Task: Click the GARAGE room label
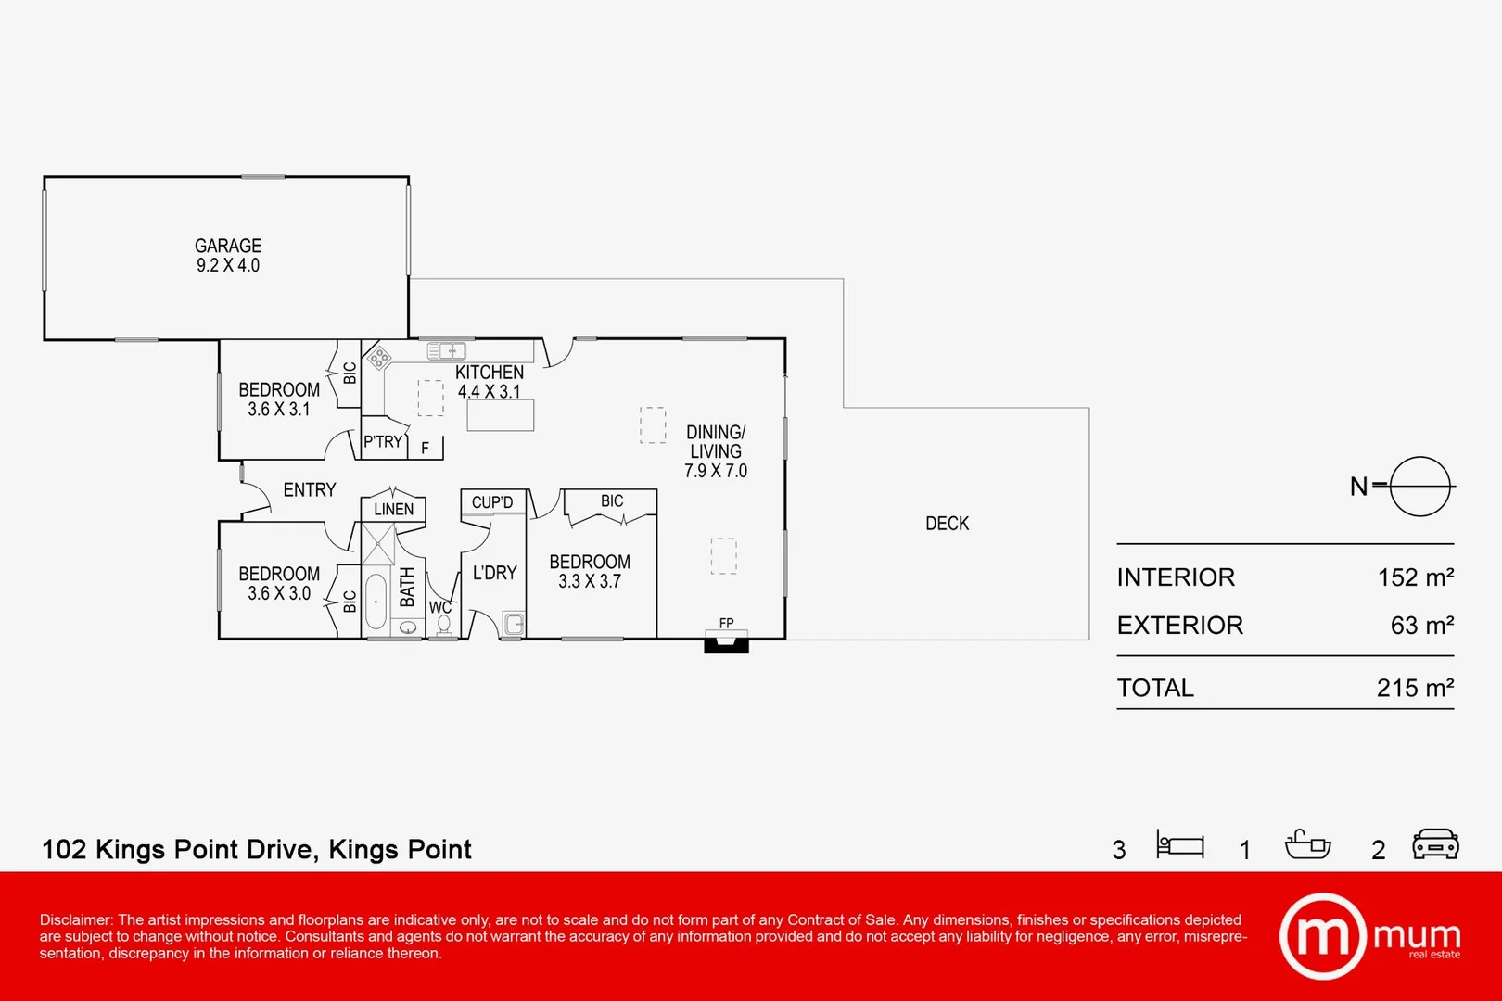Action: point(228,246)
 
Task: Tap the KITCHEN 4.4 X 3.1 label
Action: point(490,381)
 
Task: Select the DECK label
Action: point(947,524)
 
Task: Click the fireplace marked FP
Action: point(726,639)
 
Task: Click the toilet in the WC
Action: point(443,626)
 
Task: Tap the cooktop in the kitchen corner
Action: point(378,358)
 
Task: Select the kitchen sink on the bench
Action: point(446,351)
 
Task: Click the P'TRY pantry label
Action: point(383,442)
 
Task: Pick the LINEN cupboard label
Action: point(393,509)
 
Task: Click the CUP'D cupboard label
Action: point(491,502)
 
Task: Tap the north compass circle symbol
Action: point(1419,486)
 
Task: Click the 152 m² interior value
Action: point(1415,577)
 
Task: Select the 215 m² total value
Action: point(1415,688)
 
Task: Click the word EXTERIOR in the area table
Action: point(1179,626)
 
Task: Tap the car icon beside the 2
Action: point(1435,844)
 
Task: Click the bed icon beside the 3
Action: point(1179,845)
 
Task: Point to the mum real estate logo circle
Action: point(1322,936)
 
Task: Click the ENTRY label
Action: point(309,489)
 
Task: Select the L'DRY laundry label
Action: point(494,573)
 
